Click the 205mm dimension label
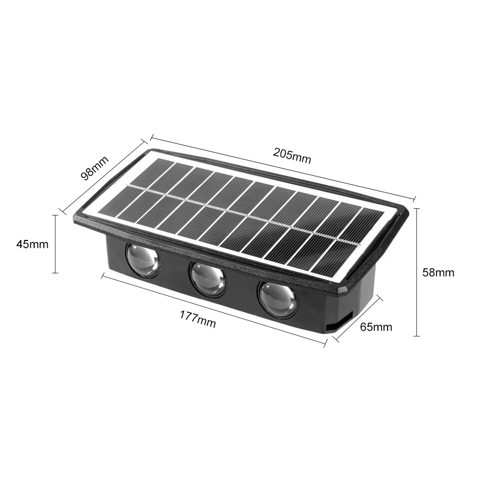[x=292, y=155]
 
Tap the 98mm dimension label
[x=95, y=167]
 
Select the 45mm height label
[x=32, y=244]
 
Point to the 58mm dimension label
[x=438, y=272]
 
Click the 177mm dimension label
[x=198, y=319]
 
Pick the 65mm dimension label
[x=376, y=327]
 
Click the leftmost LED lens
[x=143, y=260]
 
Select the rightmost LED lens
[x=279, y=299]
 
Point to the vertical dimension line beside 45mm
[x=55, y=244]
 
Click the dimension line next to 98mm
[x=104, y=176]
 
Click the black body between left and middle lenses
[x=174, y=273]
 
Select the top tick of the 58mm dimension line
[x=417, y=208]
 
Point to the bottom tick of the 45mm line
[x=55, y=273]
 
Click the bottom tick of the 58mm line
[x=417, y=335]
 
